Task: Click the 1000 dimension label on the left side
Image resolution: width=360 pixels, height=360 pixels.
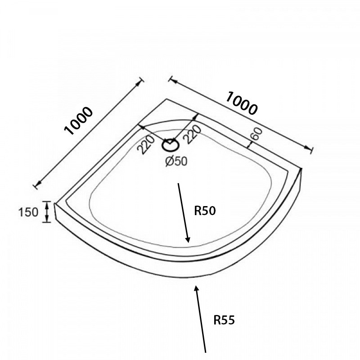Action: (x=78, y=121)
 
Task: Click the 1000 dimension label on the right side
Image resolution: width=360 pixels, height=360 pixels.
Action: (x=242, y=103)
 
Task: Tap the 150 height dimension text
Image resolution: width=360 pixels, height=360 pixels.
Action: (x=28, y=212)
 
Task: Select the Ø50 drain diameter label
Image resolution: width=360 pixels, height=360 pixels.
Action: (x=176, y=161)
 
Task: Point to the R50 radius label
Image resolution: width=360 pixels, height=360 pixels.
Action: (x=205, y=211)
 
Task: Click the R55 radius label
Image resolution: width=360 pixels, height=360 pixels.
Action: (x=224, y=320)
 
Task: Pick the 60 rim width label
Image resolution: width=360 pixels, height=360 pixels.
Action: (x=256, y=134)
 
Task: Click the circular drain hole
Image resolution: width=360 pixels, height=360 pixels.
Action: (x=171, y=145)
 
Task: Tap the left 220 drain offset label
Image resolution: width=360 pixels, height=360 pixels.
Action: (x=145, y=144)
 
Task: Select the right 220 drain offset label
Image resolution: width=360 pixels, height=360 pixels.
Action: (x=193, y=135)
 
